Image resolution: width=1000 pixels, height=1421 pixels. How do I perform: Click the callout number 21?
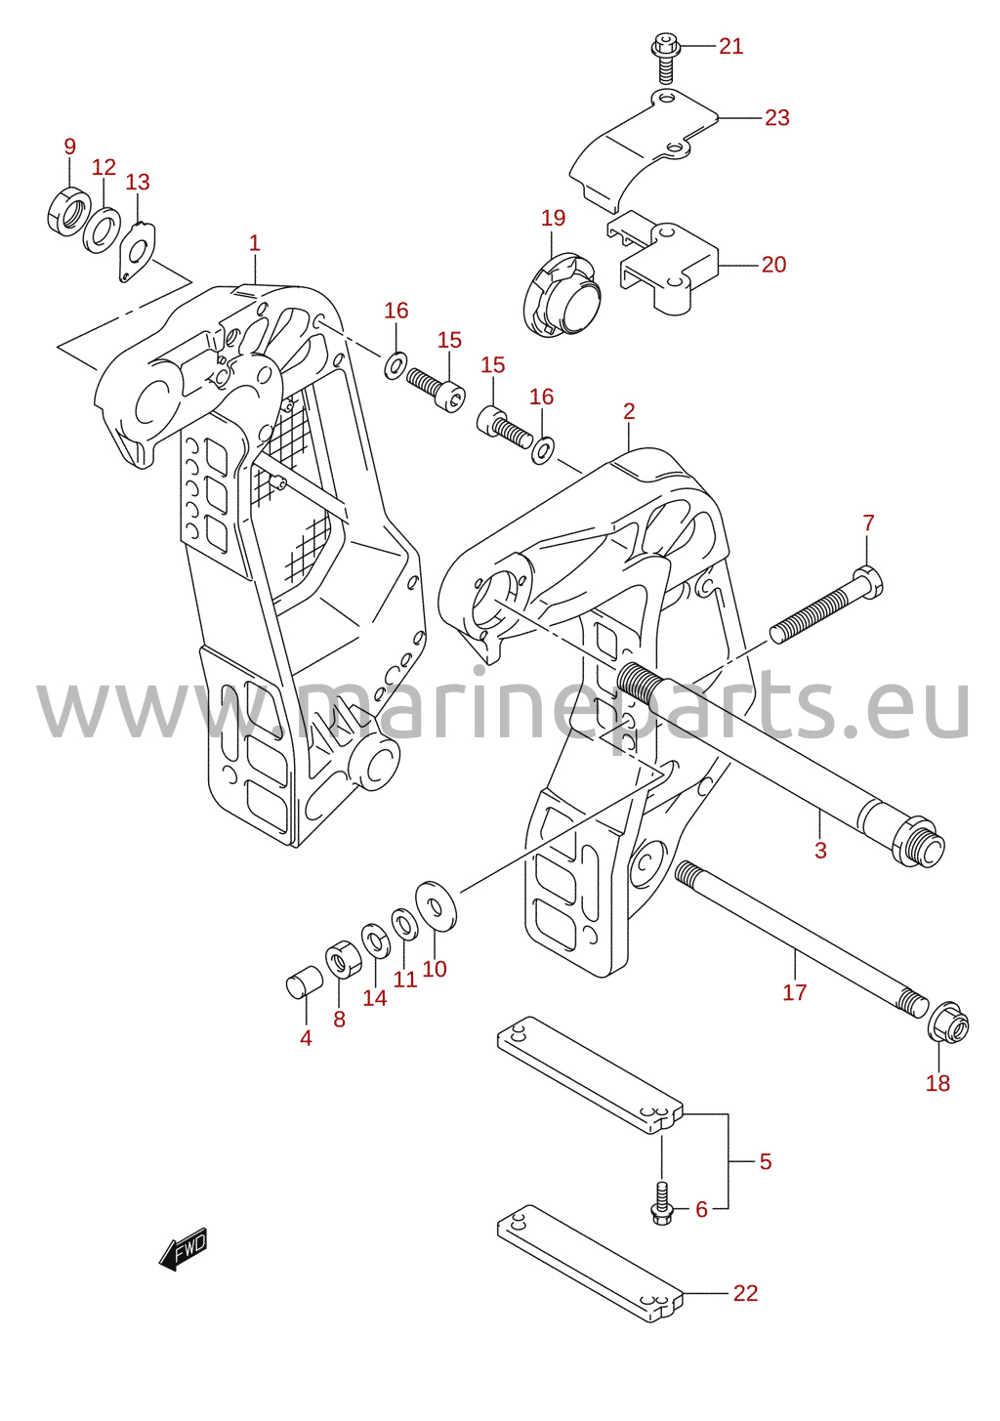730,46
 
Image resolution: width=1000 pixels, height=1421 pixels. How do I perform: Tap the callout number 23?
776,118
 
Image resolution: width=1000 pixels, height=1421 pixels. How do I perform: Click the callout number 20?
773,265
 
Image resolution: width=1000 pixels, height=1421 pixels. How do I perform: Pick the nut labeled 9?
68,211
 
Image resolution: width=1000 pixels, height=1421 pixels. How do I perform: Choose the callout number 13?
137,182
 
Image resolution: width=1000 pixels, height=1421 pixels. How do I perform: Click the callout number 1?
255,243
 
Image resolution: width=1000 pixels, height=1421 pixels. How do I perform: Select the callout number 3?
820,851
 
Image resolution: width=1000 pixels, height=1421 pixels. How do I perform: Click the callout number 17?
794,992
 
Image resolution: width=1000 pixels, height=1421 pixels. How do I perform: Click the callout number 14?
374,998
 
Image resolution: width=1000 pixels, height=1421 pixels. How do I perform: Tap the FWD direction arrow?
183,1248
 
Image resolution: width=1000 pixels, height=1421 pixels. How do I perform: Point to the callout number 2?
628,412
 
